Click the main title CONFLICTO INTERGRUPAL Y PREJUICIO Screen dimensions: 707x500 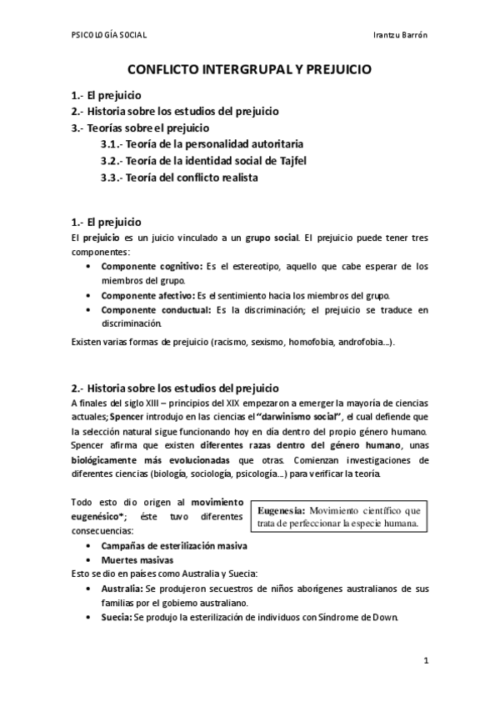[x=249, y=73]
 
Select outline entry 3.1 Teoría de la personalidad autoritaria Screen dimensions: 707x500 [x=196, y=144]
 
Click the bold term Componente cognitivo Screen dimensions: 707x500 [x=151, y=266]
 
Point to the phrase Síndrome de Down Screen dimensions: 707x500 [x=365, y=618]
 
